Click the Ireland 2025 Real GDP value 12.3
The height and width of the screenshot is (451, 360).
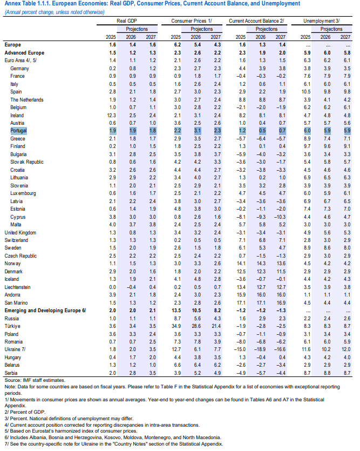[112, 116]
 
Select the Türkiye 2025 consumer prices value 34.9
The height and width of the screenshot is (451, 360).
[176, 326]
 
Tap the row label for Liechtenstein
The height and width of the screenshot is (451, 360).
[17, 287]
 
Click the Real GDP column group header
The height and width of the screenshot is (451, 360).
[127, 21]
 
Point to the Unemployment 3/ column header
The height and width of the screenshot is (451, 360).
[321, 21]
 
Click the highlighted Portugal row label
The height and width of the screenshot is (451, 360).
[18, 131]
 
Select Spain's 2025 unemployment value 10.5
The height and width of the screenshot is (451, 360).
[305, 92]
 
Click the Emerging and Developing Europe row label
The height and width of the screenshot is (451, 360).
[45, 311]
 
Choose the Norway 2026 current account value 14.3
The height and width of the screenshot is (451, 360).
[261, 264]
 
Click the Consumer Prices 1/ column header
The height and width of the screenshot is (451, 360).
[192, 21]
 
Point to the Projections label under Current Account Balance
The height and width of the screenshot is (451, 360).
[267, 29]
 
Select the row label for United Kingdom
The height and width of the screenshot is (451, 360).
[21, 233]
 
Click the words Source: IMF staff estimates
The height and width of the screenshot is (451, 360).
[35, 380]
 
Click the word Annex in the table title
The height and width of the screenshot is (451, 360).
[12, 3]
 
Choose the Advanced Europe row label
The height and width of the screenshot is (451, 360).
[24, 53]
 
